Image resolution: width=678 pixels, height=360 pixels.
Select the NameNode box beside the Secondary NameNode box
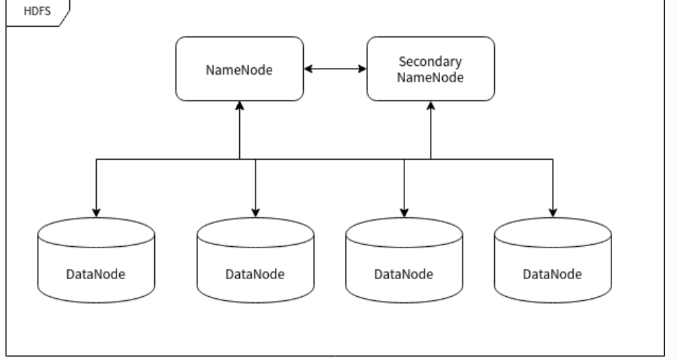click(239, 69)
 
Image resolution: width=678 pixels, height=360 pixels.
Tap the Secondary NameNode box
click(430, 69)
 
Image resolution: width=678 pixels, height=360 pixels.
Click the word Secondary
click(430, 62)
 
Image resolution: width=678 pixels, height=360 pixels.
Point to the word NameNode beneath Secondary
click(430, 77)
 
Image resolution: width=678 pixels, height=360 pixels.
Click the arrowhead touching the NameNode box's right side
click(309, 69)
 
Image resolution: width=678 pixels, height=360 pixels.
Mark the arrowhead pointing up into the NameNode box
click(239, 105)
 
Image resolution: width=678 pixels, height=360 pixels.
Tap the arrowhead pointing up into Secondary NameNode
click(430, 105)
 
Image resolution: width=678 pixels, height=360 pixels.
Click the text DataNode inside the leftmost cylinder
click(96, 274)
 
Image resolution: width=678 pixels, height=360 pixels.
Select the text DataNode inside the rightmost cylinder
click(553, 274)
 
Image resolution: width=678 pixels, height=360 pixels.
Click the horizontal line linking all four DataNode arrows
click(329, 159)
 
